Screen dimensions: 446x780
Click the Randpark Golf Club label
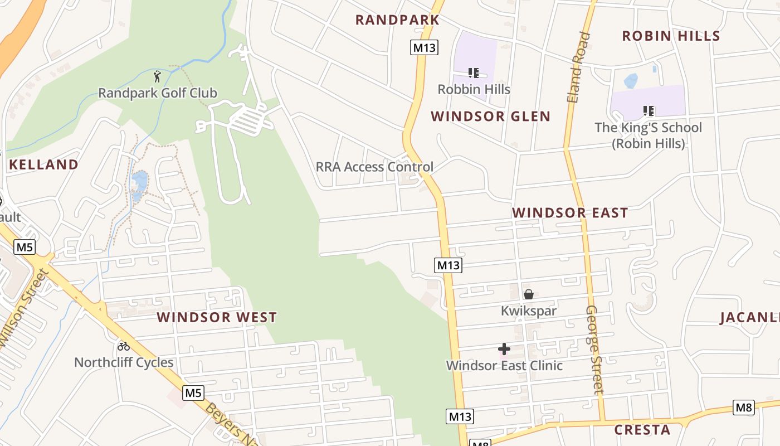tap(157, 93)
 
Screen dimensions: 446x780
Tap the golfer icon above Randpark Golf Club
tap(158, 76)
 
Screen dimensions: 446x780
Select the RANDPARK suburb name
tap(397, 20)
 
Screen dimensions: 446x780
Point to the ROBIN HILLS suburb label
tap(671, 36)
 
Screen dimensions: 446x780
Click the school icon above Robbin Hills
tap(474, 73)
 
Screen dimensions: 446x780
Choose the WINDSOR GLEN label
tap(490, 117)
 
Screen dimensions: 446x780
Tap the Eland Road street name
tap(578, 67)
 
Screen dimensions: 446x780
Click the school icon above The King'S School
tap(648, 111)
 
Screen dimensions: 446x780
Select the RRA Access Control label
tap(374, 167)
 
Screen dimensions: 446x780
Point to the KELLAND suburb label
tap(43, 164)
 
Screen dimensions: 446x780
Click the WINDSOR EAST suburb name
tap(570, 213)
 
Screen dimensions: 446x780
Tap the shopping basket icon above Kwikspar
tap(528, 294)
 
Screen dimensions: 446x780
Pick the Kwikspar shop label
tap(528, 311)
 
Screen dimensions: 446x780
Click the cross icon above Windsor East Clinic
tap(504, 350)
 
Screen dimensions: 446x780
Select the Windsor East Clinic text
tap(504, 366)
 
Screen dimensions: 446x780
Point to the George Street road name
tap(595, 349)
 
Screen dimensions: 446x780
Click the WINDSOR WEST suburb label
tap(217, 318)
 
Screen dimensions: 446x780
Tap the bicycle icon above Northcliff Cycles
tap(124, 346)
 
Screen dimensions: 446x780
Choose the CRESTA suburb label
tap(642, 430)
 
